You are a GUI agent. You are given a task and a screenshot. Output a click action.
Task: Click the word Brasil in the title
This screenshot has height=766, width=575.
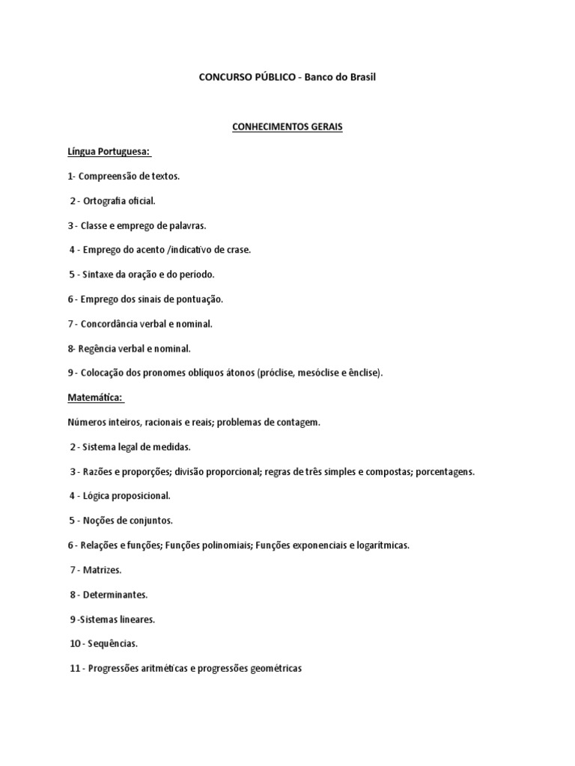(359, 77)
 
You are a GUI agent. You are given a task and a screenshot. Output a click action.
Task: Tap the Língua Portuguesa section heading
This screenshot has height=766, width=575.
(109, 152)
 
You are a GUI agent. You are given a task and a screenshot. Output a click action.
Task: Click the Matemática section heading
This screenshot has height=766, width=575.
(95, 397)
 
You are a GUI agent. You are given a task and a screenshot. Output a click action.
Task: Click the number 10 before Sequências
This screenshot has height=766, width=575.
(75, 643)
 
